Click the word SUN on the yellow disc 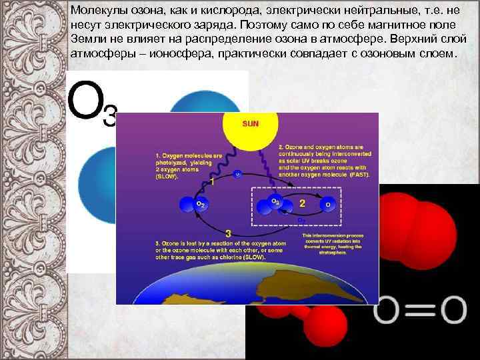click(x=251, y=123)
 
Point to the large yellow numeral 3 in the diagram click(x=229, y=233)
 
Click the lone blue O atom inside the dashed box click(x=326, y=203)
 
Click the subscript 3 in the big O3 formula click(x=110, y=115)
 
